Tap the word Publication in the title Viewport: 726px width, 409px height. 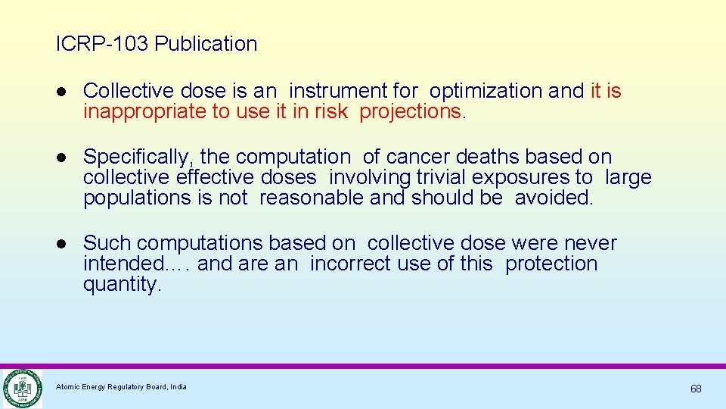tap(206, 44)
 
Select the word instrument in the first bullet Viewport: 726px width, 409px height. tap(338, 91)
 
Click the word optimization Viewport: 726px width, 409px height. tap(486, 91)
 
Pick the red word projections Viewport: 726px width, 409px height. tap(410, 111)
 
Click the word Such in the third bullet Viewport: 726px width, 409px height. tap(107, 243)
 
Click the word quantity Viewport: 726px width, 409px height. tap(122, 284)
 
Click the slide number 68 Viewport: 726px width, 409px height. tap(696, 389)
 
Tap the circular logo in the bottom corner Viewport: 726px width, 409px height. tap(21, 389)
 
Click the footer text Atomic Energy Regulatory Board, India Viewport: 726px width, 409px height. tap(121, 387)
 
